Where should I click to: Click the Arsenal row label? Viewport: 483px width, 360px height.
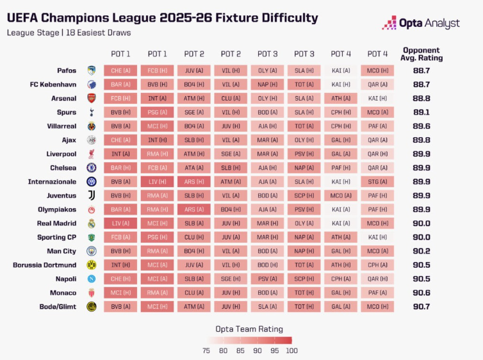click(64, 98)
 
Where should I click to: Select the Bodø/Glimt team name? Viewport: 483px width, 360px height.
click(58, 307)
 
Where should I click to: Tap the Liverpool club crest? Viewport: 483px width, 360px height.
click(91, 154)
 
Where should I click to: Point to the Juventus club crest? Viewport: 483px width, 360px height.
click(91, 195)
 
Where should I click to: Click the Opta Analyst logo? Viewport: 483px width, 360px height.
click(421, 23)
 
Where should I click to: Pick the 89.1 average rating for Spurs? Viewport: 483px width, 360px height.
click(422, 112)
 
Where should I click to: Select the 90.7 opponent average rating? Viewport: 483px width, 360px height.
click(422, 307)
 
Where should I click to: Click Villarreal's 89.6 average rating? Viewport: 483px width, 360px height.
click(422, 126)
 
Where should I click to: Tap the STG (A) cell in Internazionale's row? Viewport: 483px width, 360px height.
click(377, 181)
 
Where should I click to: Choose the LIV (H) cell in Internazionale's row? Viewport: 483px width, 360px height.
click(158, 181)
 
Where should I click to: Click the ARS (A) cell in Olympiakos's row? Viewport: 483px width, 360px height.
click(194, 209)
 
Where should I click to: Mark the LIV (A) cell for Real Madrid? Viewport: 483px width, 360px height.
click(120, 223)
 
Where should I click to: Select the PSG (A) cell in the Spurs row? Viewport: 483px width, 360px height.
click(158, 112)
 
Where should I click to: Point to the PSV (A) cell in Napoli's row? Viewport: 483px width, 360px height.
click(268, 279)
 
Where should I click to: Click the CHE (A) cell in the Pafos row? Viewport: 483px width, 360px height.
click(120, 70)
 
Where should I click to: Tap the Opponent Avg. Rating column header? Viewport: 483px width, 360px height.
click(422, 54)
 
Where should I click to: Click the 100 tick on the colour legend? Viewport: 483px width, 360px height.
click(291, 350)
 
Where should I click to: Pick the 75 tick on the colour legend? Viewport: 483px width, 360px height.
click(206, 350)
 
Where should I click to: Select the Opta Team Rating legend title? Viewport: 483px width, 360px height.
click(249, 329)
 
